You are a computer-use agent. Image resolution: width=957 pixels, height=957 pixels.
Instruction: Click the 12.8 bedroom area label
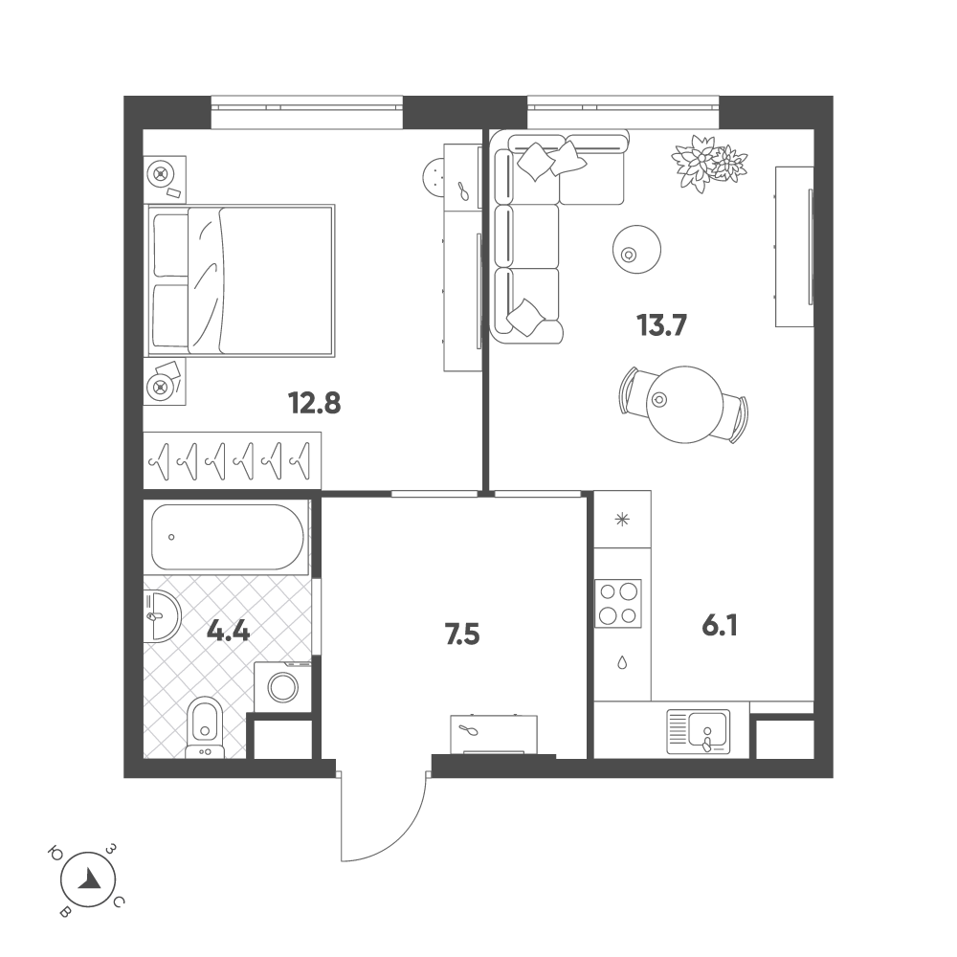tap(315, 403)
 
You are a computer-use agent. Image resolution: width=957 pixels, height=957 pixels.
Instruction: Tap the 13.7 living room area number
tap(662, 326)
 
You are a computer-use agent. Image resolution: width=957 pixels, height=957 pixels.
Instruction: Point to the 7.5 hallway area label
tap(460, 634)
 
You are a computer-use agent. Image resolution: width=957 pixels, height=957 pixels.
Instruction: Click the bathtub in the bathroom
tap(228, 537)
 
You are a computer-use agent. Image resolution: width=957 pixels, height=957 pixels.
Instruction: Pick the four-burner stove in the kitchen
tap(618, 604)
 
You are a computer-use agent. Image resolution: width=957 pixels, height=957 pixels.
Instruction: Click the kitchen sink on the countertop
tap(698, 730)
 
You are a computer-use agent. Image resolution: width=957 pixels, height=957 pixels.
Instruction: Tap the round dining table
tap(684, 403)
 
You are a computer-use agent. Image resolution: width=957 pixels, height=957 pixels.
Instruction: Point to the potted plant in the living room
tap(708, 163)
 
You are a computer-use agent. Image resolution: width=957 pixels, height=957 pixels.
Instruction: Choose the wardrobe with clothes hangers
tap(233, 460)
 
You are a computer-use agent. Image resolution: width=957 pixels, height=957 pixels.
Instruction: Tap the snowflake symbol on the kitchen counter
tap(622, 521)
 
